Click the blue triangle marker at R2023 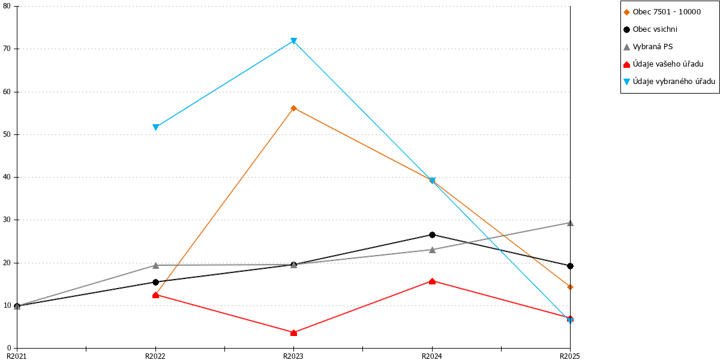[293, 41]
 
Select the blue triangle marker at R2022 [155, 127]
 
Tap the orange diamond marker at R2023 [293, 109]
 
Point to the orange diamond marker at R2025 [570, 287]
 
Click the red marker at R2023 [293, 332]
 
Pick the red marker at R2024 [433, 281]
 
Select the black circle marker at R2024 [433, 235]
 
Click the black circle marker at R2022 [155, 282]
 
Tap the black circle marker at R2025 [570, 266]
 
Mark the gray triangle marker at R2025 [570, 223]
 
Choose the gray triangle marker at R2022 [155, 265]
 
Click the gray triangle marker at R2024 [433, 250]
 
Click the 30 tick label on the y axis [7, 220]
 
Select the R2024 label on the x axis [432, 356]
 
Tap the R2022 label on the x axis [155, 356]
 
